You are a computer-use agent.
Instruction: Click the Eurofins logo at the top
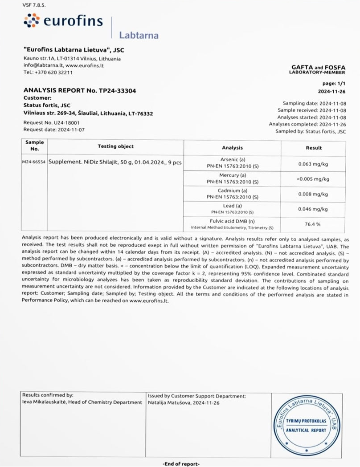tap(63, 20)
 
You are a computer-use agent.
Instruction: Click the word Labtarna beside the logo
tap(139, 35)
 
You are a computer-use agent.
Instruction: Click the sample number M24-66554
tap(34, 162)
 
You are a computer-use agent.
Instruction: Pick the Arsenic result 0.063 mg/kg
tap(313, 163)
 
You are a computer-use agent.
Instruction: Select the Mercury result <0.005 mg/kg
tap(313, 179)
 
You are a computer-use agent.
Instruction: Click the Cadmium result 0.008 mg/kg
tap(313, 194)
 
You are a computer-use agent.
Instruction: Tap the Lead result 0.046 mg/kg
tap(313, 209)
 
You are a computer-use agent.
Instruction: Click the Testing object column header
tap(115, 146)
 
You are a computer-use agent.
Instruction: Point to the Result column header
tap(314, 148)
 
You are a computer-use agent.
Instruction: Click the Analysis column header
tap(232, 148)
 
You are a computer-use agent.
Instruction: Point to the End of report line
tap(181, 463)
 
